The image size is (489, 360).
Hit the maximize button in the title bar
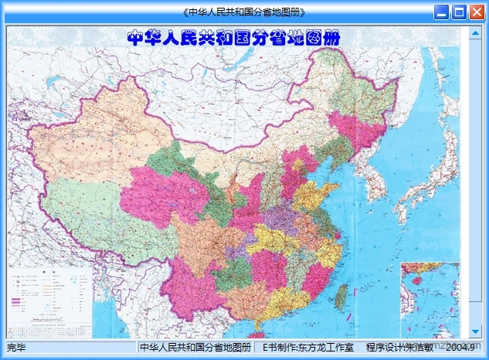pos(460,12)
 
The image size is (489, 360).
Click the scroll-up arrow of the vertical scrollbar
pos(474,33)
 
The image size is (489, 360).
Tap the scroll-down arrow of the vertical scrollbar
pos(474,332)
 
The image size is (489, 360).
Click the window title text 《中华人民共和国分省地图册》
pos(244,12)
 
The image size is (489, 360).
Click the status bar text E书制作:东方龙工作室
pos(308,348)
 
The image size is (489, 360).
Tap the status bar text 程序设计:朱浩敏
pos(399,348)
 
